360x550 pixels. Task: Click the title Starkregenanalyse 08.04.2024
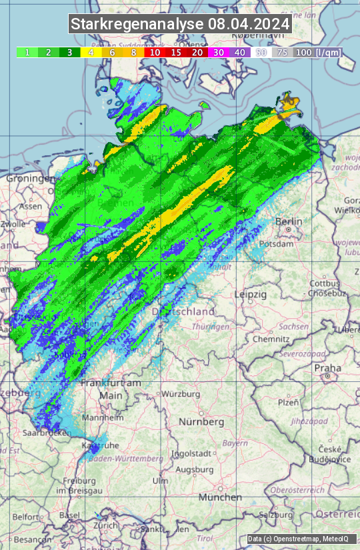pyautogui.click(x=180, y=25)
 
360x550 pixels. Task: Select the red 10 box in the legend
pyautogui.click(x=155, y=52)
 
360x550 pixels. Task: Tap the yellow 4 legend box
pyautogui.click(x=91, y=52)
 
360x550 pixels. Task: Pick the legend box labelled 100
pyautogui.click(x=303, y=52)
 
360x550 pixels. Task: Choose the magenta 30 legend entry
pyautogui.click(x=219, y=52)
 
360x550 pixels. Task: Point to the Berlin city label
pyautogui.click(x=289, y=221)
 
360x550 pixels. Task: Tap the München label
pyautogui.click(x=219, y=497)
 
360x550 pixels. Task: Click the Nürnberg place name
pyautogui.click(x=201, y=422)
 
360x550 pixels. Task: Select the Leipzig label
pyautogui.click(x=251, y=294)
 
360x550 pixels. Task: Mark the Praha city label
pyautogui.click(x=327, y=368)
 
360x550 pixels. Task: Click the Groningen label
pyautogui.click(x=31, y=179)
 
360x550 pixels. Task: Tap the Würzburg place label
pyautogui.click(x=181, y=394)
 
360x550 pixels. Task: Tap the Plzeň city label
pyautogui.click(x=287, y=403)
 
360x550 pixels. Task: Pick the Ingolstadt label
pyautogui.click(x=192, y=453)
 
